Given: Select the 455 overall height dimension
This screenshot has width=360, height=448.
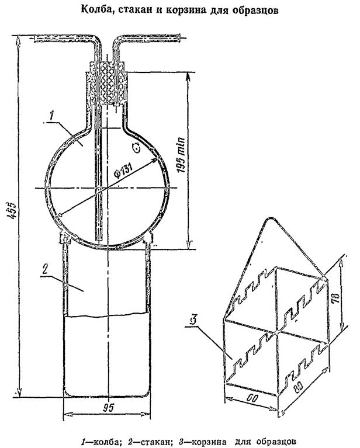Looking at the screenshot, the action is click(x=12, y=211).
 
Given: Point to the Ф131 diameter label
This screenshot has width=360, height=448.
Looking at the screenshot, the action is click(x=123, y=171).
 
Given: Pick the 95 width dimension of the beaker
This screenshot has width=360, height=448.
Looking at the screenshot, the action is click(x=109, y=408).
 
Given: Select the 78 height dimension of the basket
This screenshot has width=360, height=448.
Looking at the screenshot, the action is click(x=336, y=298).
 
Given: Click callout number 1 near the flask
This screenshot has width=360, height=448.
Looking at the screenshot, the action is click(x=51, y=116).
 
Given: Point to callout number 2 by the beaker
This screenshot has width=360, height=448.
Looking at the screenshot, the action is click(x=45, y=270).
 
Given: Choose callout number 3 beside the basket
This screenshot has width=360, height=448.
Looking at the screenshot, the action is click(x=193, y=320).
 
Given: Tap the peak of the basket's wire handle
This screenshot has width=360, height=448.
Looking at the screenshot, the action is click(x=269, y=219).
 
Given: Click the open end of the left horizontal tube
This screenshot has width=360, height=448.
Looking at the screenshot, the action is click(x=34, y=39).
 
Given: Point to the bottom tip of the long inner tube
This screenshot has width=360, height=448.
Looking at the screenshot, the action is click(x=98, y=239).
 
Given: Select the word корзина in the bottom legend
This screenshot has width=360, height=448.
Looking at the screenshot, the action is click(x=209, y=442).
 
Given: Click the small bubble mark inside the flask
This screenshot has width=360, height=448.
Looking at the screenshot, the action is click(x=136, y=147).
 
